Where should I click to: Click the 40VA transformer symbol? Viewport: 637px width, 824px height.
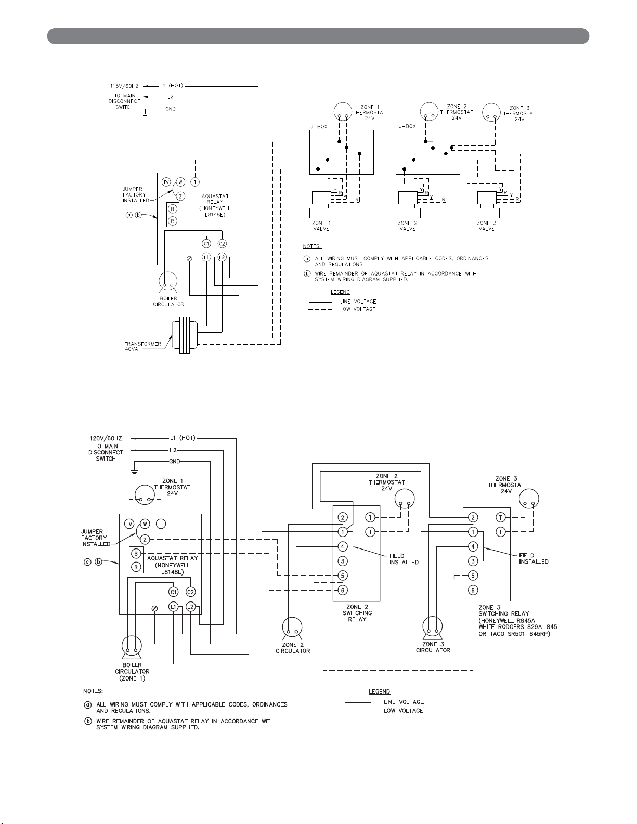pyautogui.click(x=185, y=335)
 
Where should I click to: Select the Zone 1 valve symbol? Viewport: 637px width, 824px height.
pyautogui.click(x=321, y=205)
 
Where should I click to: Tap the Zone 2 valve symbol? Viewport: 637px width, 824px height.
pyautogui.click(x=408, y=205)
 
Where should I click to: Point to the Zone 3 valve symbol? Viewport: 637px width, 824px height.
pyautogui.click(x=487, y=205)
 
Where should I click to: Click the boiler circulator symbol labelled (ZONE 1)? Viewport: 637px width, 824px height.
pyautogui.click(x=132, y=648)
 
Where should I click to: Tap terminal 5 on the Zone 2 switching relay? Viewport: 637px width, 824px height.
pyautogui.click(x=342, y=576)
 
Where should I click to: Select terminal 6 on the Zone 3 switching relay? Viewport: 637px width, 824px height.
pyautogui.click(x=473, y=590)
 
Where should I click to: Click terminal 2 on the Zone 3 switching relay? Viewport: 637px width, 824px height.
pyautogui.click(x=473, y=517)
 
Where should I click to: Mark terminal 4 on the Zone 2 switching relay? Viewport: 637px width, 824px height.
pyautogui.click(x=342, y=546)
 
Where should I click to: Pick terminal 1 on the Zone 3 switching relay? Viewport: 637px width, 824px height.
pyautogui.click(x=473, y=532)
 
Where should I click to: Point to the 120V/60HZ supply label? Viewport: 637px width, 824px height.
pyautogui.click(x=106, y=438)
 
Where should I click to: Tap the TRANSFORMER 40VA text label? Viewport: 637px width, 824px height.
pyautogui.click(x=143, y=346)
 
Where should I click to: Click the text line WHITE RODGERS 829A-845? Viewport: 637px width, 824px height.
pyautogui.click(x=517, y=627)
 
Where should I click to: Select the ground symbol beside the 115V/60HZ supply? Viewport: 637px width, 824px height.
pyautogui.click(x=145, y=114)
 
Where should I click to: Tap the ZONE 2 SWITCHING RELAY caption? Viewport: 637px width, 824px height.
pyautogui.click(x=357, y=613)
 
